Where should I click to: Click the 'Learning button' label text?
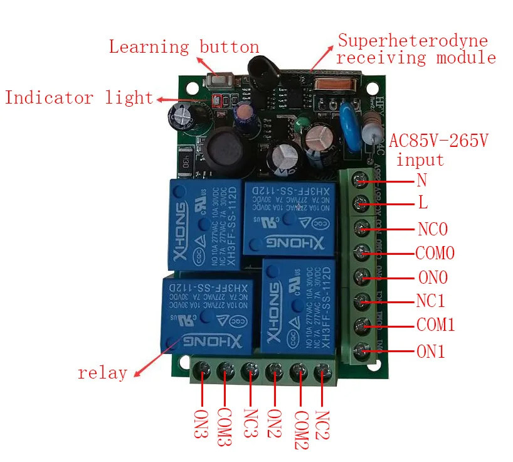[184, 47]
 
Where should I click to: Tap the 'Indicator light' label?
[79, 98]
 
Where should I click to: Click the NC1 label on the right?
[430, 301]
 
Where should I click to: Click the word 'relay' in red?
[102, 373]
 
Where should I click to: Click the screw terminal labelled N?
[361, 181]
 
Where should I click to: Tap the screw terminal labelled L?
[361, 203]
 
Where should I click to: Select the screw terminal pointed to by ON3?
[203, 372]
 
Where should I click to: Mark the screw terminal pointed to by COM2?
[299, 372]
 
